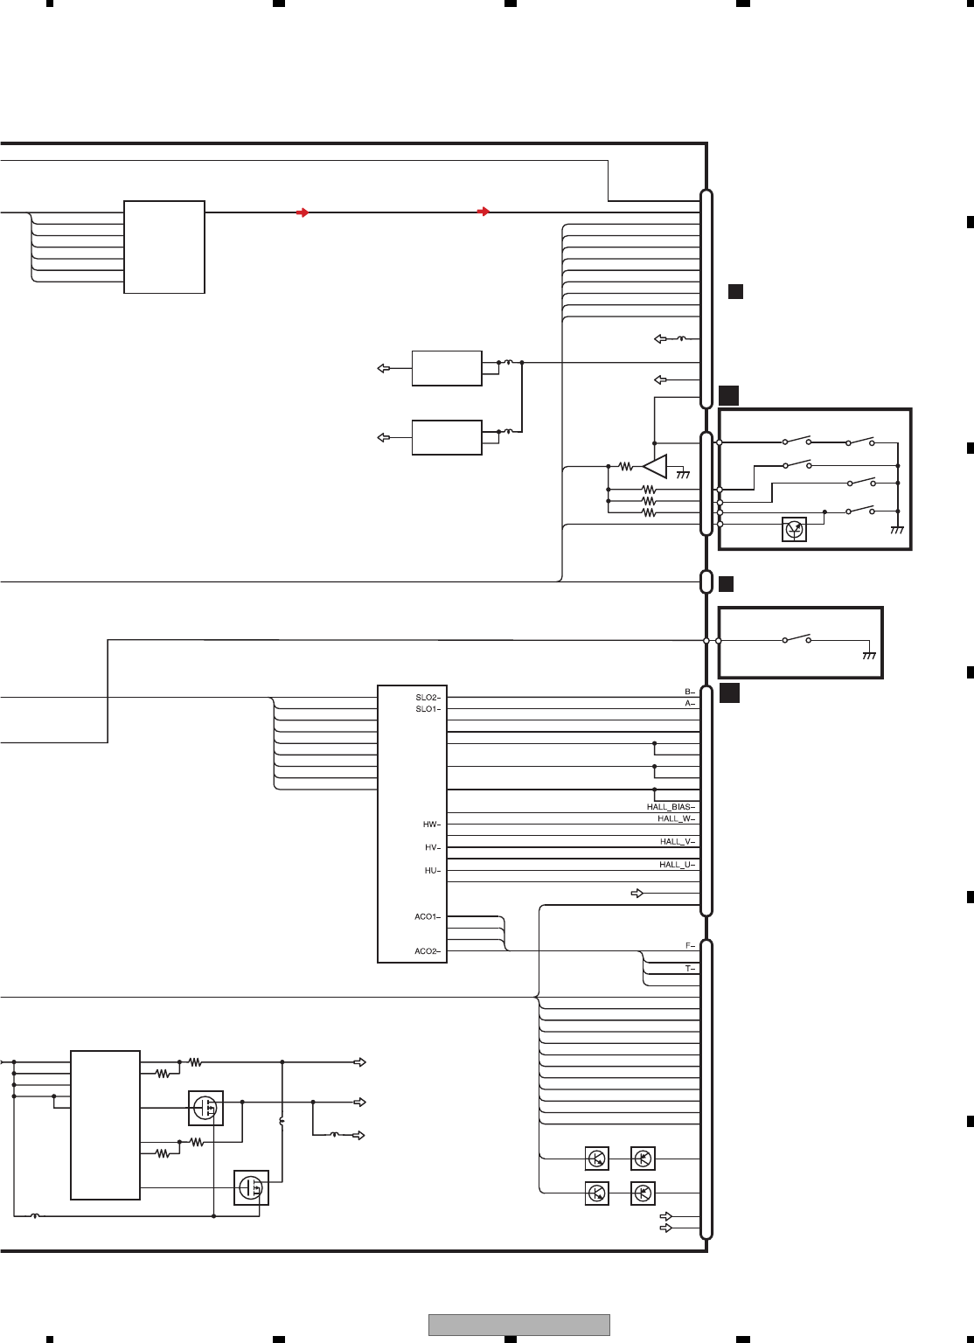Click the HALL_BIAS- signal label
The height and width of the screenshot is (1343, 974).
pyautogui.click(x=671, y=807)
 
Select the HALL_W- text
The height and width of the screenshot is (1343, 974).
pyautogui.click(x=676, y=818)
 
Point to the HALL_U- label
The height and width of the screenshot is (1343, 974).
pyautogui.click(x=677, y=865)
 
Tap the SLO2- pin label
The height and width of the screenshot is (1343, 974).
pyautogui.click(x=428, y=698)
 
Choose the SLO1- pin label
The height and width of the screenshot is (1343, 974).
pyautogui.click(x=428, y=709)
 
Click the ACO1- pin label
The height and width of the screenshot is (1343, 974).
pyautogui.click(x=428, y=917)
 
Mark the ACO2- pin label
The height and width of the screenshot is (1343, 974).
pyautogui.click(x=428, y=951)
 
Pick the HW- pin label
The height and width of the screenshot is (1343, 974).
pyautogui.click(x=432, y=825)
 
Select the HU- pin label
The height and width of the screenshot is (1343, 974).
pyautogui.click(x=432, y=871)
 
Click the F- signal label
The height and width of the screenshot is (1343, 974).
pyautogui.click(x=690, y=946)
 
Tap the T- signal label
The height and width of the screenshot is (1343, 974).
pyautogui.click(x=690, y=969)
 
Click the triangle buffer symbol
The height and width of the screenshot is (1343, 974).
pyautogui.click(x=656, y=466)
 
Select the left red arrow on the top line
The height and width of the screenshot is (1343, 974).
pyautogui.click(x=302, y=212)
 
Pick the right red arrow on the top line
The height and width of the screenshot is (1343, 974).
pyautogui.click(x=484, y=212)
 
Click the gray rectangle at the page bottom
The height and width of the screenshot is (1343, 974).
pyautogui.click(x=518, y=1325)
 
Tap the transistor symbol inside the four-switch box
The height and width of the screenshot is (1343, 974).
pyautogui.click(x=794, y=529)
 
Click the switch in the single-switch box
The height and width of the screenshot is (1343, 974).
pyautogui.click(x=797, y=639)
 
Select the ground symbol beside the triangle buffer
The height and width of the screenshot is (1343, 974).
pyautogui.click(x=683, y=474)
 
